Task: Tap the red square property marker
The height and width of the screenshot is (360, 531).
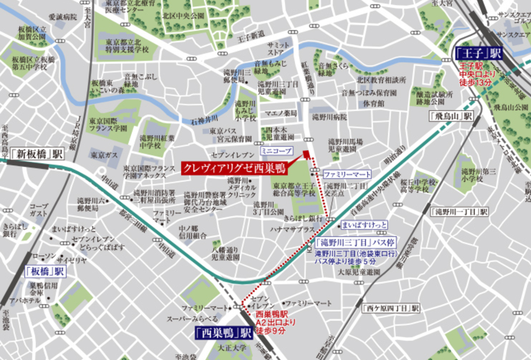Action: click(x=306, y=155)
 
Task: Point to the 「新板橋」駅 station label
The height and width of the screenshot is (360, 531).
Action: click(x=37, y=153)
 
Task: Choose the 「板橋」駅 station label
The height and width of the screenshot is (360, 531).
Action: click(x=45, y=271)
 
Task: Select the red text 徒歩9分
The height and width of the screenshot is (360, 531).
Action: click(x=271, y=331)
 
